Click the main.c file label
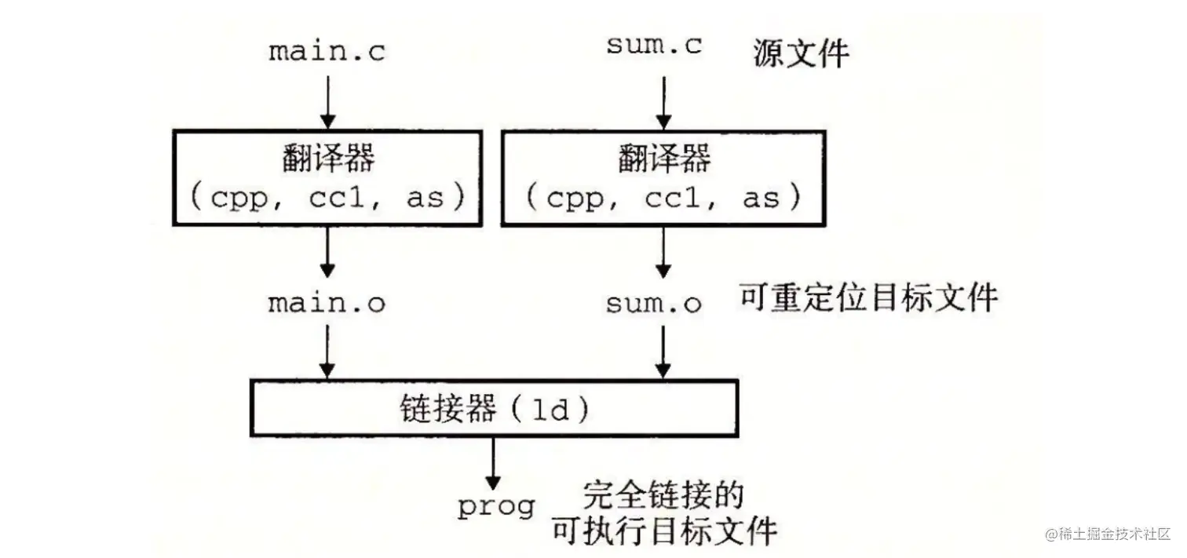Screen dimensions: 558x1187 327,52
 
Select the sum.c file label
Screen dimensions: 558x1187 654,46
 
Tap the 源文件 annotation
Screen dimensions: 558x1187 801,54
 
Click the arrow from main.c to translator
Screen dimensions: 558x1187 327,101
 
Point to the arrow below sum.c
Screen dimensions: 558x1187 663,101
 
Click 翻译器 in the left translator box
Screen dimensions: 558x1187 327,159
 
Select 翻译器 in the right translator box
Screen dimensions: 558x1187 663,159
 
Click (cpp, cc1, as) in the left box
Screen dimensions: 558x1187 327,198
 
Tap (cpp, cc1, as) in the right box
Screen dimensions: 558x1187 663,198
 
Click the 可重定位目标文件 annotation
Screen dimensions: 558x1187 868,299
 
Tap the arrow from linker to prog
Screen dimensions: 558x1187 493,463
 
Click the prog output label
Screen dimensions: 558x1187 495,507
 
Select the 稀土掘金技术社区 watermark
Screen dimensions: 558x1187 1107,534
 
